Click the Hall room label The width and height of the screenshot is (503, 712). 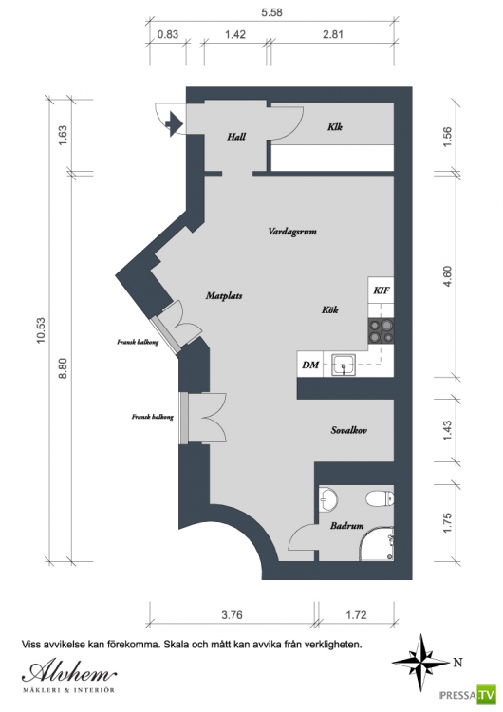point(236,136)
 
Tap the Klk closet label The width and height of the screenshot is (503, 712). point(335,126)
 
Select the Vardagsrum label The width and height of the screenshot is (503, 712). point(292,232)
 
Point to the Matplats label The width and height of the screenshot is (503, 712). point(224,295)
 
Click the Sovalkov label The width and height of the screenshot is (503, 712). point(348,430)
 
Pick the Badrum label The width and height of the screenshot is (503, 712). point(346,526)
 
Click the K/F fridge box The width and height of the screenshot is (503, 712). point(381,290)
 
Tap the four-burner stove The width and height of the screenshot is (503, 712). point(381,330)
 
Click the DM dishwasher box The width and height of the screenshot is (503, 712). point(310,364)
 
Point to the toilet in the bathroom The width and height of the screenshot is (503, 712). point(380,498)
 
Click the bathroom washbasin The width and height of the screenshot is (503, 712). point(327,500)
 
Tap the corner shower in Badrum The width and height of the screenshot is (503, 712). point(377,544)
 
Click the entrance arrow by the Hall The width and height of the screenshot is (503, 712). point(174,123)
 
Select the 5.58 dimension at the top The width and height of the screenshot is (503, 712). point(271,12)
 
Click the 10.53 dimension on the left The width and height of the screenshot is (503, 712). point(42,330)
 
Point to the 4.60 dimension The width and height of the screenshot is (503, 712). point(447,276)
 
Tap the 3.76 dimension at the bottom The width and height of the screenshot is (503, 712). point(232,615)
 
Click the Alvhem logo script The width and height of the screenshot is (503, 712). point(69,672)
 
